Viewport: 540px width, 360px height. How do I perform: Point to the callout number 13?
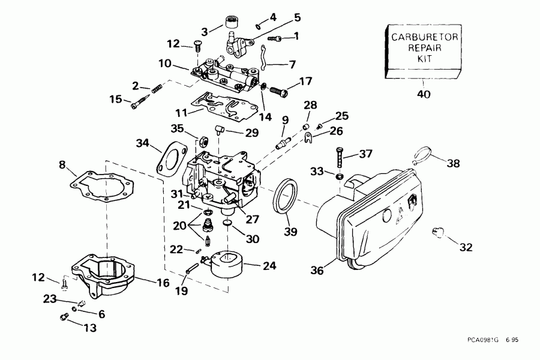(89, 328)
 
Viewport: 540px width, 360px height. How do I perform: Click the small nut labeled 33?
(339, 178)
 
